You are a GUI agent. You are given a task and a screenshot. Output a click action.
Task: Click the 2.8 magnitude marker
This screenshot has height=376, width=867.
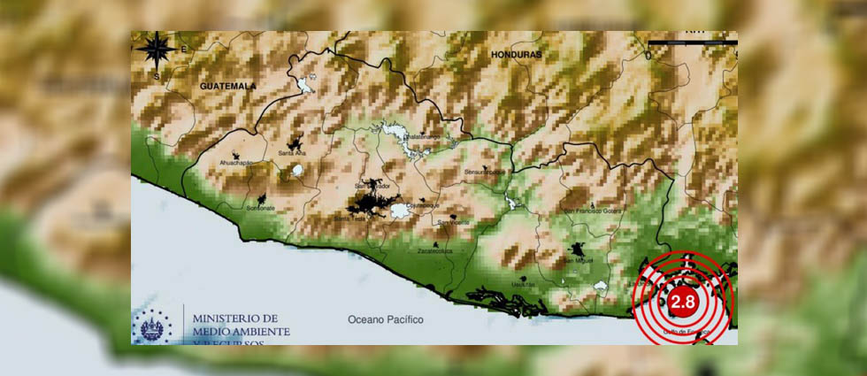[x=683, y=301]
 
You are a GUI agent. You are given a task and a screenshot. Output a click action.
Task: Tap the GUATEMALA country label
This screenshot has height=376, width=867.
[x=227, y=86]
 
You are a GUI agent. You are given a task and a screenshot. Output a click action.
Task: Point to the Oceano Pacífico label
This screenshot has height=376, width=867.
[x=385, y=318]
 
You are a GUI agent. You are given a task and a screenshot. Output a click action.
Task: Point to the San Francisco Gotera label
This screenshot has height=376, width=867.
[x=594, y=211]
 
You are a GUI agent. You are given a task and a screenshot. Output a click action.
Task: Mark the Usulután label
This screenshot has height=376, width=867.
[x=523, y=284]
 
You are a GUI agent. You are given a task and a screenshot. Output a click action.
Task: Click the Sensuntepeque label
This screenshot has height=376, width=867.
[x=486, y=172]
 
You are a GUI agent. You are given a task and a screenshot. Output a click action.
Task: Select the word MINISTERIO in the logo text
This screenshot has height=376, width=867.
[x=235, y=318]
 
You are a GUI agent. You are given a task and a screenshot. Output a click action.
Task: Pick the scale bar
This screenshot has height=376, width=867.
[x=692, y=42]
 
